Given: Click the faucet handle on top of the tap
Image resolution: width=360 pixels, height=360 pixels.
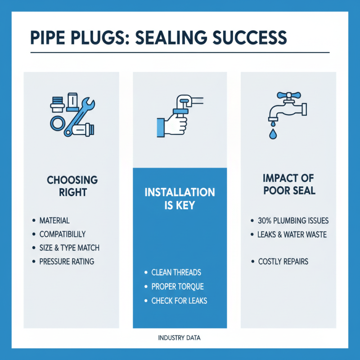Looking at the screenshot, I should pos(285,95).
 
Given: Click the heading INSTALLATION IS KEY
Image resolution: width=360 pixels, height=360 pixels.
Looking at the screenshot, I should pos(179,198).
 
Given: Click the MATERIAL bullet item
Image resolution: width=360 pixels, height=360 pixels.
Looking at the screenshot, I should pos(54,220).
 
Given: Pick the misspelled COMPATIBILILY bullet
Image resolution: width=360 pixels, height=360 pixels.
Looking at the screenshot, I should pos(62,234).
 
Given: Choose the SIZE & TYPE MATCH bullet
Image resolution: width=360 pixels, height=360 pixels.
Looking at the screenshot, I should pos(69,248).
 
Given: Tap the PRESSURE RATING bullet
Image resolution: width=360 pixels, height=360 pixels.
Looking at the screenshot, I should pos(67,261).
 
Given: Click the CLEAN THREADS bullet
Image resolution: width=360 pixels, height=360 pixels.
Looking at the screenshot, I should pos(176,272).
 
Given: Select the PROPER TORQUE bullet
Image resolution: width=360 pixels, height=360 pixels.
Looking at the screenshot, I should pos(177,286).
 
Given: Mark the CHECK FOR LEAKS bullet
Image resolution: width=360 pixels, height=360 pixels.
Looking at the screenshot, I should pos(179,300).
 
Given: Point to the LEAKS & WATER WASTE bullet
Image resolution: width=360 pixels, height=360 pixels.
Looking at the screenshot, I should pos(292,234).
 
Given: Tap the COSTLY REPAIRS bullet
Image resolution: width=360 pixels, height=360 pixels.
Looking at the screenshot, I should pos(283,261).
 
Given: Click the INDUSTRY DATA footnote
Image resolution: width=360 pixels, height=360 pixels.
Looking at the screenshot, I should pos(180,337).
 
